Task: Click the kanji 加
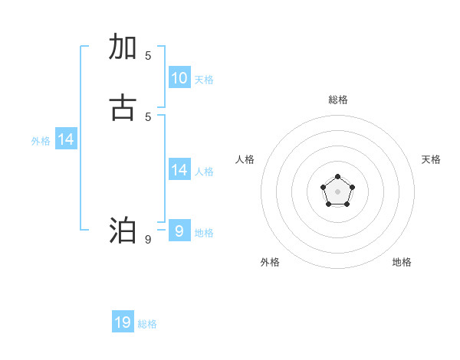tap(123, 47)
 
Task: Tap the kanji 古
tap(123, 108)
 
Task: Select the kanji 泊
tap(123, 231)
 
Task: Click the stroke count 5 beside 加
tap(148, 56)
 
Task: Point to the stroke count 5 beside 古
tap(148, 116)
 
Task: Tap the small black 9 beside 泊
tap(148, 240)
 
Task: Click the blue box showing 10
tap(179, 78)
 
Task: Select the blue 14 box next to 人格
tap(179, 170)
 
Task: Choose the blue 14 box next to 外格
tap(66, 139)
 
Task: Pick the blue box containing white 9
tap(179, 231)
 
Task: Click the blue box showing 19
tap(123, 322)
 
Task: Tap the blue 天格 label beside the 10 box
tap(204, 80)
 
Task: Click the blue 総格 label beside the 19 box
tap(147, 324)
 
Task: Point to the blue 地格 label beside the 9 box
tap(204, 233)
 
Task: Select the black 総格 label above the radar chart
tap(338, 100)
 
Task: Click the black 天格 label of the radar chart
tap(431, 159)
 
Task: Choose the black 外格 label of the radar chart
tap(270, 262)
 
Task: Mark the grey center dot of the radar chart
tap(337, 191)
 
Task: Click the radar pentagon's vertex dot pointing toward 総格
tap(337, 177)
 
